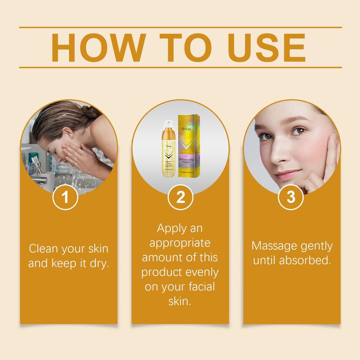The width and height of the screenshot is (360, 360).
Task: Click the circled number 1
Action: (x=65, y=197)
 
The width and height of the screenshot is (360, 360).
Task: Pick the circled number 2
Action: (x=180, y=197)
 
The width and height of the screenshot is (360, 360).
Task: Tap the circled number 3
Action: (x=291, y=197)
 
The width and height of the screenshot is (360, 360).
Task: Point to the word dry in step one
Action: (x=99, y=264)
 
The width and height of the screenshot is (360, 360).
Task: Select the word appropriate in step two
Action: (x=180, y=243)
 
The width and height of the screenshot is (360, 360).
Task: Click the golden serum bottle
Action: (x=169, y=155)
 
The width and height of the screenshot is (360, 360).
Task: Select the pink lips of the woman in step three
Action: (x=288, y=175)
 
